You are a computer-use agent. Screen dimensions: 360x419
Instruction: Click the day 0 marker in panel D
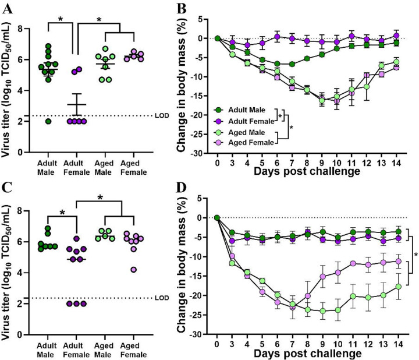pyautogui.click(x=216, y=217)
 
